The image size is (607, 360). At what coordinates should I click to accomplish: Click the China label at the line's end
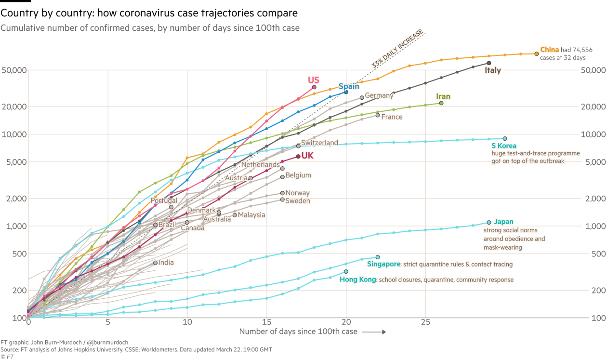(x=549, y=50)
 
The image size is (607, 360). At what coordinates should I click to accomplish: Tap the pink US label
(x=314, y=80)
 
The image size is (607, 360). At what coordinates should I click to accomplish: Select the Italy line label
(x=492, y=71)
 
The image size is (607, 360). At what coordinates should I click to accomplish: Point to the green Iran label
(x=443, y=97)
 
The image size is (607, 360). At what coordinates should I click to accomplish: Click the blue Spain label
(x=349, y=87)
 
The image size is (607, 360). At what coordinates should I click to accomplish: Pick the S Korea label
(x=504, y=146)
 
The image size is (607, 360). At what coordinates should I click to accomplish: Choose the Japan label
(x=503, y=222)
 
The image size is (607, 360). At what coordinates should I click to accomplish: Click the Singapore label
(x=383, y=264)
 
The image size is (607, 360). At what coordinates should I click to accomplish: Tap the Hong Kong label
(x=357, y=280)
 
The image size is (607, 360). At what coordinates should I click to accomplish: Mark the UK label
(x=307, y=156)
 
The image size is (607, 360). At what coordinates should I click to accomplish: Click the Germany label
(x=379, y=95)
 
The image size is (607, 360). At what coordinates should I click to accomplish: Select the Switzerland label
(x=319, y=143)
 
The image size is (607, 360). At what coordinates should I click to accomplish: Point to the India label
(x=166, y=263)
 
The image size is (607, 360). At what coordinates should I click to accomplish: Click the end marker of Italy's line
(x=489, y=63)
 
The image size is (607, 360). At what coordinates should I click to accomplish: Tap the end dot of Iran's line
(x=441, y=103)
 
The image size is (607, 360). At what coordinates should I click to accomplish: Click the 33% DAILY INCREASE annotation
(x=398, y=48)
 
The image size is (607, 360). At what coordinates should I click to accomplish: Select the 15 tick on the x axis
(x=267, y=322)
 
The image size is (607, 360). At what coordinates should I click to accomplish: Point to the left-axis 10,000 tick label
(x=13, y=134)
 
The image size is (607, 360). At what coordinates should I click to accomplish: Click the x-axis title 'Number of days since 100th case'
(x=298, y=332)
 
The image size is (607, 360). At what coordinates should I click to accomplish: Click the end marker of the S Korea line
(x=504, y=139)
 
